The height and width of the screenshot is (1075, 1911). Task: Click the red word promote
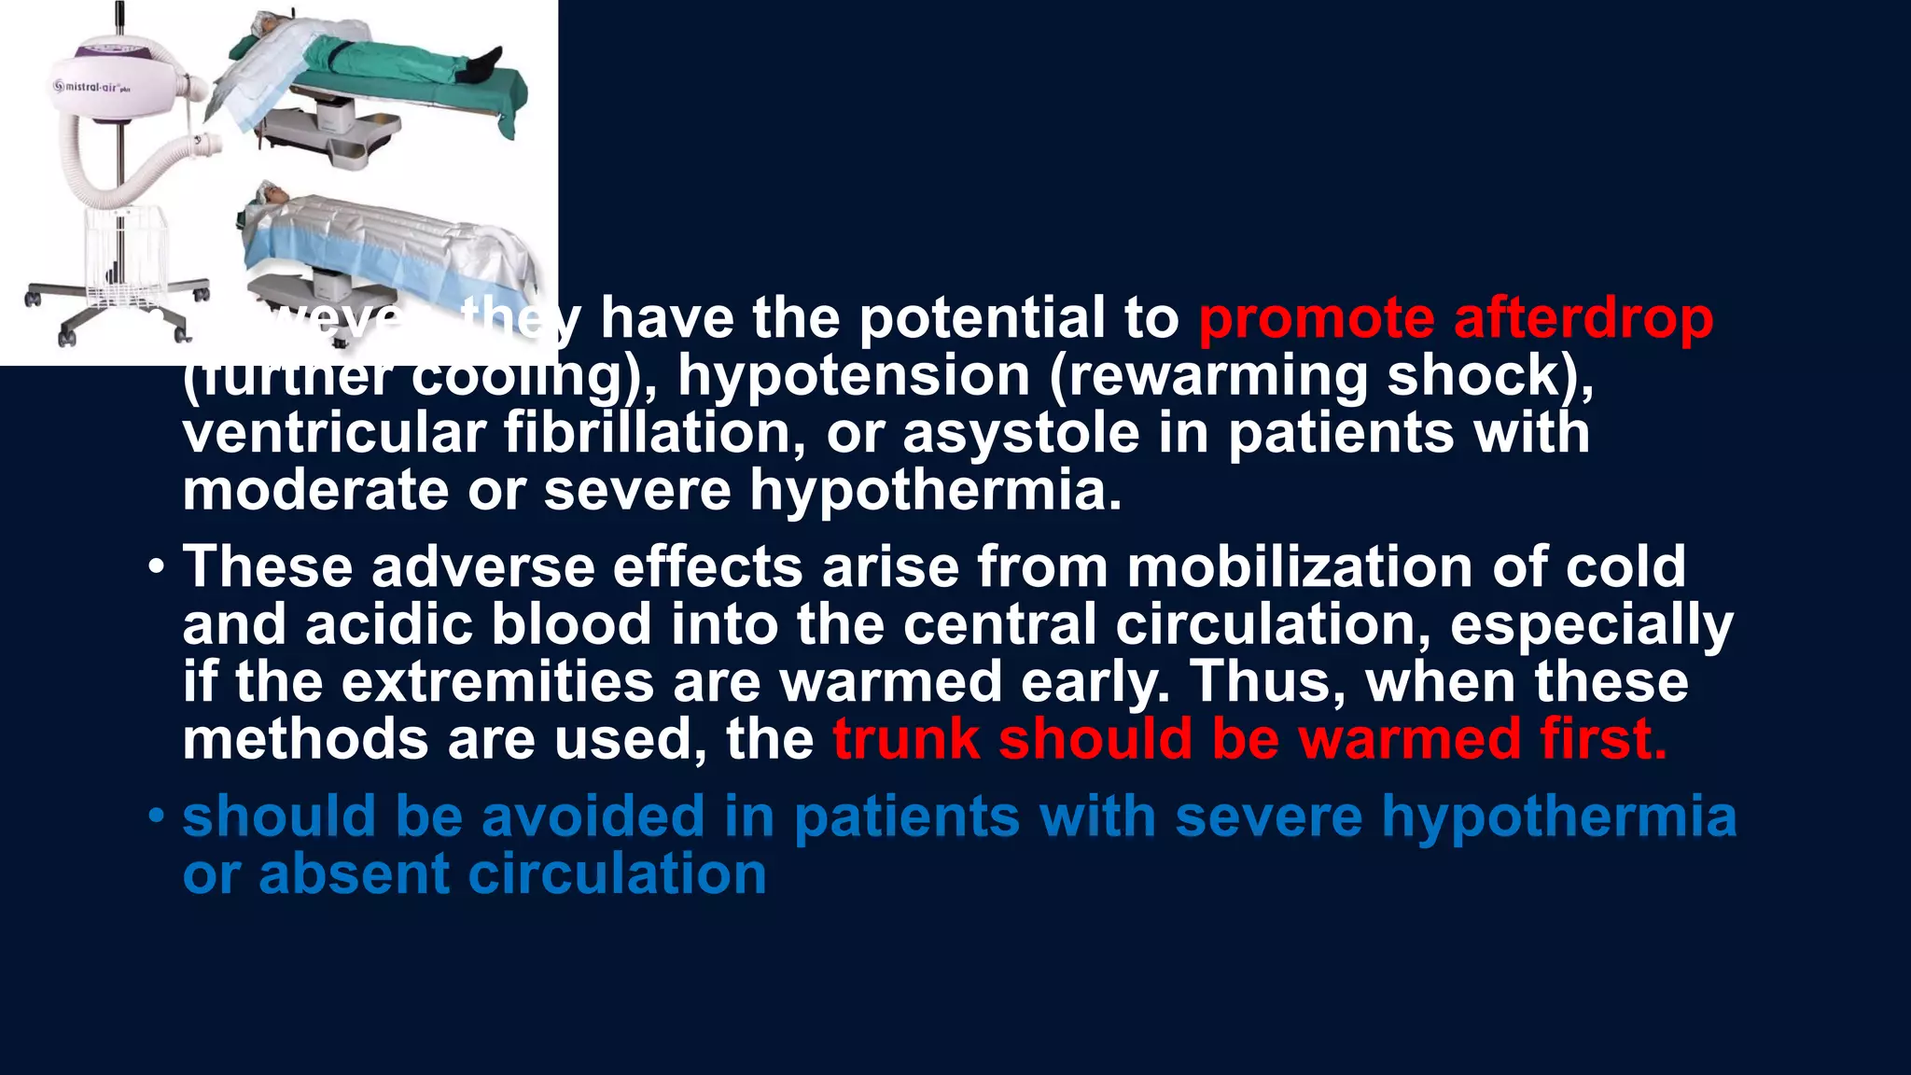[1316, 318]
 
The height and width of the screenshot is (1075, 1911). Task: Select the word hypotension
[853, 376]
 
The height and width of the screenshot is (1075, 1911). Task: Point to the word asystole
[1021, 433]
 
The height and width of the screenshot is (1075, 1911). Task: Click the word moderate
[315, 490]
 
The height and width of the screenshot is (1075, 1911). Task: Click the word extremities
[497, 681]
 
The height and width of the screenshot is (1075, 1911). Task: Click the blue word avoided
[593, 817]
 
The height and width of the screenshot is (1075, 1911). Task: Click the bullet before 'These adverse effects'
[156, 568]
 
